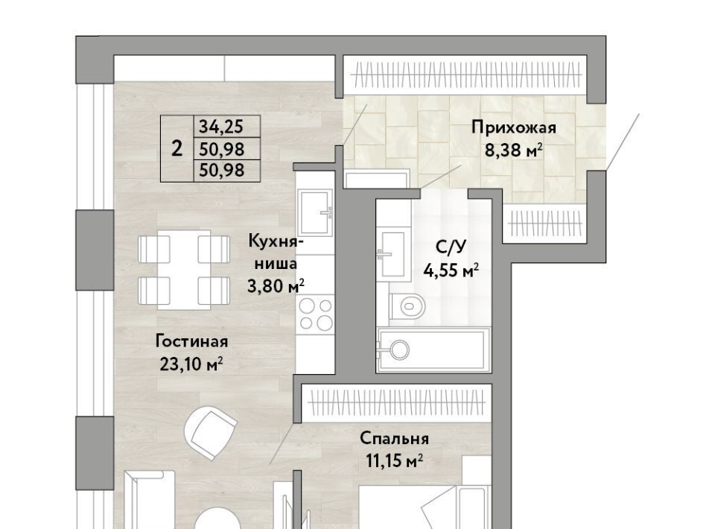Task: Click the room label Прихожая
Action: [x=513, y=127]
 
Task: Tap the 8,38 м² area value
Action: [x=513, y=150]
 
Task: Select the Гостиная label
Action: [x=191, y=341]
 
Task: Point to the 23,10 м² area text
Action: [x=191, y=364]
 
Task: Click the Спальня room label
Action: [x=395, y=439]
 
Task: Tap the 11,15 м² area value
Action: [x=395, y=461]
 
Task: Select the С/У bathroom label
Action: [x=451, y=247]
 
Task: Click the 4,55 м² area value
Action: [x=451, y=271]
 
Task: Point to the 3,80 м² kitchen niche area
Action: [x=276, y=286]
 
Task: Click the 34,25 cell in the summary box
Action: [x=221, y=127]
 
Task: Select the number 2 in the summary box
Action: [x=177, y=149]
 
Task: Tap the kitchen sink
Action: [x=315, y=212]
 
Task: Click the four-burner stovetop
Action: [x=315, y=314]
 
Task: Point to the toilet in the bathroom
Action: [x=407, y=305]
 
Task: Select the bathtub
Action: [x=433, y=349]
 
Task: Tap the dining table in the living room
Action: [x=184, y=270]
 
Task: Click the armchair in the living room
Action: [x=211, y=433]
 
